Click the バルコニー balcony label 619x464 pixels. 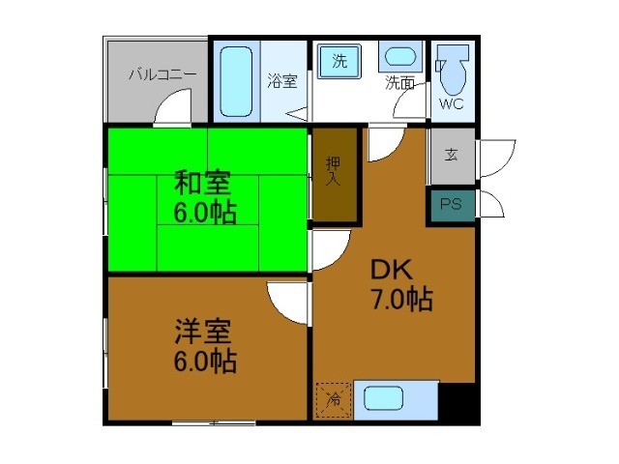162,73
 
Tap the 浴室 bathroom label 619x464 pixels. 281,81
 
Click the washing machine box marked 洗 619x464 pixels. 339,61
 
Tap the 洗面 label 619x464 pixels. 400,83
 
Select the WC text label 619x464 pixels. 452,102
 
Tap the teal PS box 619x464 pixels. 451,205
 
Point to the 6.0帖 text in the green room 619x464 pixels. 205,213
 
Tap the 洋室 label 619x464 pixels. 203,332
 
